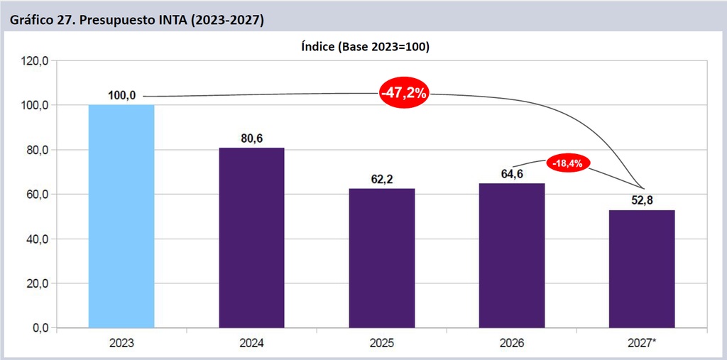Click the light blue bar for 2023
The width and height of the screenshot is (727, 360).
click(x=121, y=216)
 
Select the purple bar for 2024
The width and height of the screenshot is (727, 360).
click(x=252, y=238)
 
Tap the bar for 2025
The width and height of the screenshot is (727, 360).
click(x=382, y=258)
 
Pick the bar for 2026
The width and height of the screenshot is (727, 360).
click(x=512, y=256)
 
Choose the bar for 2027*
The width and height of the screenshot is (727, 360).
click(x=642, y=269)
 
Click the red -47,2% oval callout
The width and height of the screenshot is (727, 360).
click(x=403, y=93)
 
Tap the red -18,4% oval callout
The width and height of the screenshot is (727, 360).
click(x=568, y=163)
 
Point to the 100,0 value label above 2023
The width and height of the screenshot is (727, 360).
click(x=122, y=96)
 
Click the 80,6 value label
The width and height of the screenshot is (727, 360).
click(x=252, y=138)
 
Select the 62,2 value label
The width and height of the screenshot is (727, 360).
click(x=382, y=180)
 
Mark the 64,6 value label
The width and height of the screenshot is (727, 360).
click(x=512, y=175)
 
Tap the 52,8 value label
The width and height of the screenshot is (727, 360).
click(x=642, y=201)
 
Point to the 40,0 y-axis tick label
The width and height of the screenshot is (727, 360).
click(x=38, y=239)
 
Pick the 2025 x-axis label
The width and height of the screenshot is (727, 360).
click(x=382, y=344)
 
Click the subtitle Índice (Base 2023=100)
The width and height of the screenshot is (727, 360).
click(x=366, y=48)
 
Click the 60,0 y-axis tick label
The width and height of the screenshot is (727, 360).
click(x=38, y=195)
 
